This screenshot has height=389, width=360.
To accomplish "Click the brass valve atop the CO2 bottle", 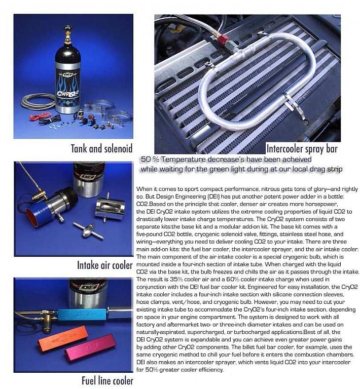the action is click(67, 35).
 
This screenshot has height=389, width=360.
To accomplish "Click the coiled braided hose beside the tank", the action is click(39, 101).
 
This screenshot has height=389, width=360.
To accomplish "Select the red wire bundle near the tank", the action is click(41, 116).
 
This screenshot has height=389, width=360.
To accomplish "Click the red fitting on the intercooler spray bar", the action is click(222, 38).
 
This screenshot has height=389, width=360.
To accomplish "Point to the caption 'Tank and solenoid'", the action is click(101, 148).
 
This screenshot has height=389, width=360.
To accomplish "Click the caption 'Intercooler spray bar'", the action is click(302, 149).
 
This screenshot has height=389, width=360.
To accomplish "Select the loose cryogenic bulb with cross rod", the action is click(88, 230).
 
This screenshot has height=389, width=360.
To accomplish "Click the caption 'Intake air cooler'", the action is click(105, 265).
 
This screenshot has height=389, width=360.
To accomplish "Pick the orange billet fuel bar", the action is click(62, 337).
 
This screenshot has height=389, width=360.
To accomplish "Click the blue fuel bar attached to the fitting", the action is click(83, 315).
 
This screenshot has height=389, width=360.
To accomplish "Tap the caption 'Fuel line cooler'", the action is click(107, 381).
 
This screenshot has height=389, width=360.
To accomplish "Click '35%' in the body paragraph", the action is click(176, 280).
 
